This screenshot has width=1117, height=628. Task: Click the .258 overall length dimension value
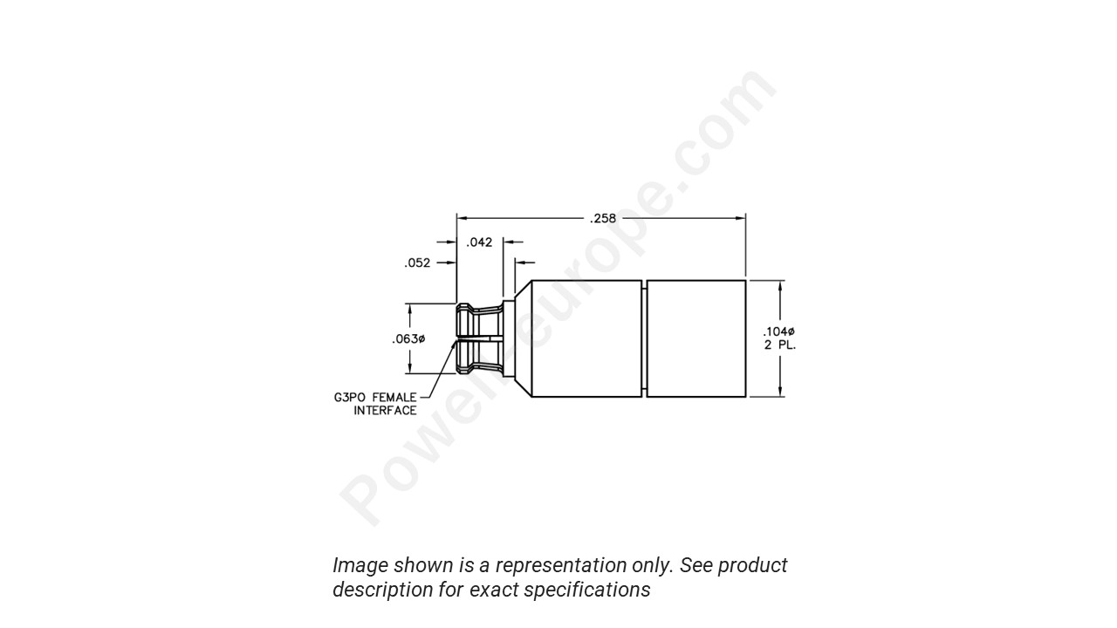[x=602, y=218]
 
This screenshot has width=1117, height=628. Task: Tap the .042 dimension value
[x=479, y=242]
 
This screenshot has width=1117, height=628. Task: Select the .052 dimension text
[x=417, y=263]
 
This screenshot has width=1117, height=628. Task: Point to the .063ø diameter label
[x=408, y=338]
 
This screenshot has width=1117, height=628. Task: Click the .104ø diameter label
[x=779, y=331]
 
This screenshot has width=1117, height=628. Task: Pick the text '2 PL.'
[x=779, y=345]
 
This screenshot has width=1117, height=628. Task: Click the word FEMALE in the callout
[x=394, y=398]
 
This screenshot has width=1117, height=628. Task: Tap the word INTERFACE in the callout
[x=385, y=411]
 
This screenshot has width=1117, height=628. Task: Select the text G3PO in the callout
[x=349, y=398]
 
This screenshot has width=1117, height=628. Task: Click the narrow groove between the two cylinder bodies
[x=644, y=338]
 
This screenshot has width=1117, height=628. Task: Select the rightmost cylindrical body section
[x=696, y=338]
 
